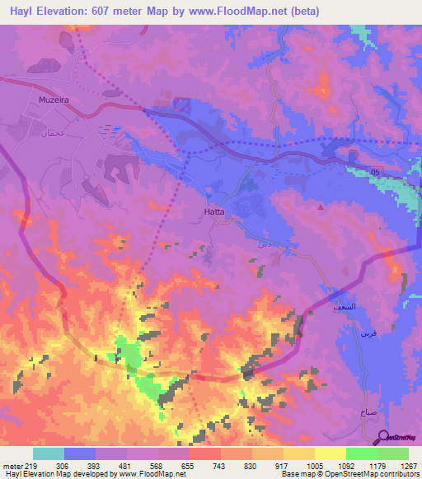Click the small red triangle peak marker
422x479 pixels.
coord(311,207)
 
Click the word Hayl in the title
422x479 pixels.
coord(16,12)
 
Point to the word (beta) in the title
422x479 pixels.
coord(303,12)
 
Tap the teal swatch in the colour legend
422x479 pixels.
coord(49,453)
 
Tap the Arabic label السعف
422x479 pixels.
coord(345,305)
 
